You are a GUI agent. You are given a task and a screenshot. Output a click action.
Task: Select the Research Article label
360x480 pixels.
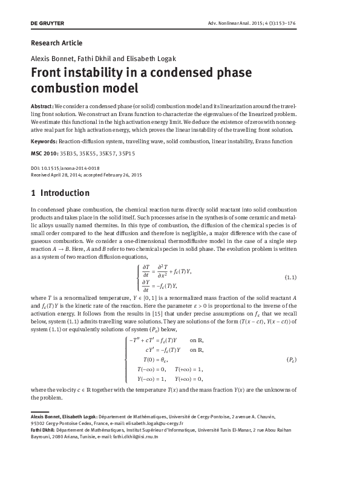point(56,43)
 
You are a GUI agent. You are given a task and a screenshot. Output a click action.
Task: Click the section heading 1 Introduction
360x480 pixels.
point(60,193)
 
